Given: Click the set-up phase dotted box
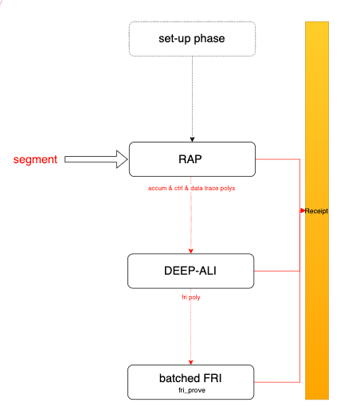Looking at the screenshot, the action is click(192, 39).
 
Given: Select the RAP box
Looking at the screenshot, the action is click(192, 159).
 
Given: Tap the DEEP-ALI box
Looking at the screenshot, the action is click(190, 271).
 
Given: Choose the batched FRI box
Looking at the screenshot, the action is click(190, 382).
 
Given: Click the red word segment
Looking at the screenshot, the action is click(35, 160).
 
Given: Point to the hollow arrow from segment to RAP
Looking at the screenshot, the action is click(96, 159).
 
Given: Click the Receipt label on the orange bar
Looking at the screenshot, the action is click(316, 211).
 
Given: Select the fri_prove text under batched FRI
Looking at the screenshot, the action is click(192, 390).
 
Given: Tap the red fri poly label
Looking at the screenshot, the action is click(191, 297).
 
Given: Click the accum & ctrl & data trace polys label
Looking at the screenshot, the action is click(191, 188).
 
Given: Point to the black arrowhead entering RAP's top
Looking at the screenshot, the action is click(192, 139).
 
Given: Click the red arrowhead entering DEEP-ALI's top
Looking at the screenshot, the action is click(190, 251).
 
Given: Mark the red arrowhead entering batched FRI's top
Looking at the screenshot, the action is click(190, 362).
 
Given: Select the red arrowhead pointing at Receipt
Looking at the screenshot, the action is click(303, 211).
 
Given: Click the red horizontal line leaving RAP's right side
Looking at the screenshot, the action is click(278, 159).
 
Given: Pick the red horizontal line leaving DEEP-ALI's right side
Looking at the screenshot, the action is click(277, 271).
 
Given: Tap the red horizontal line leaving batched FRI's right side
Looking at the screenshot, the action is click(277, 382).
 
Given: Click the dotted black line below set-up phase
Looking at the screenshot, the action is click(192, 97).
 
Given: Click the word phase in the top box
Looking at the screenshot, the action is click(209, 39).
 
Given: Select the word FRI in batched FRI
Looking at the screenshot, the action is click(213, 378).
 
